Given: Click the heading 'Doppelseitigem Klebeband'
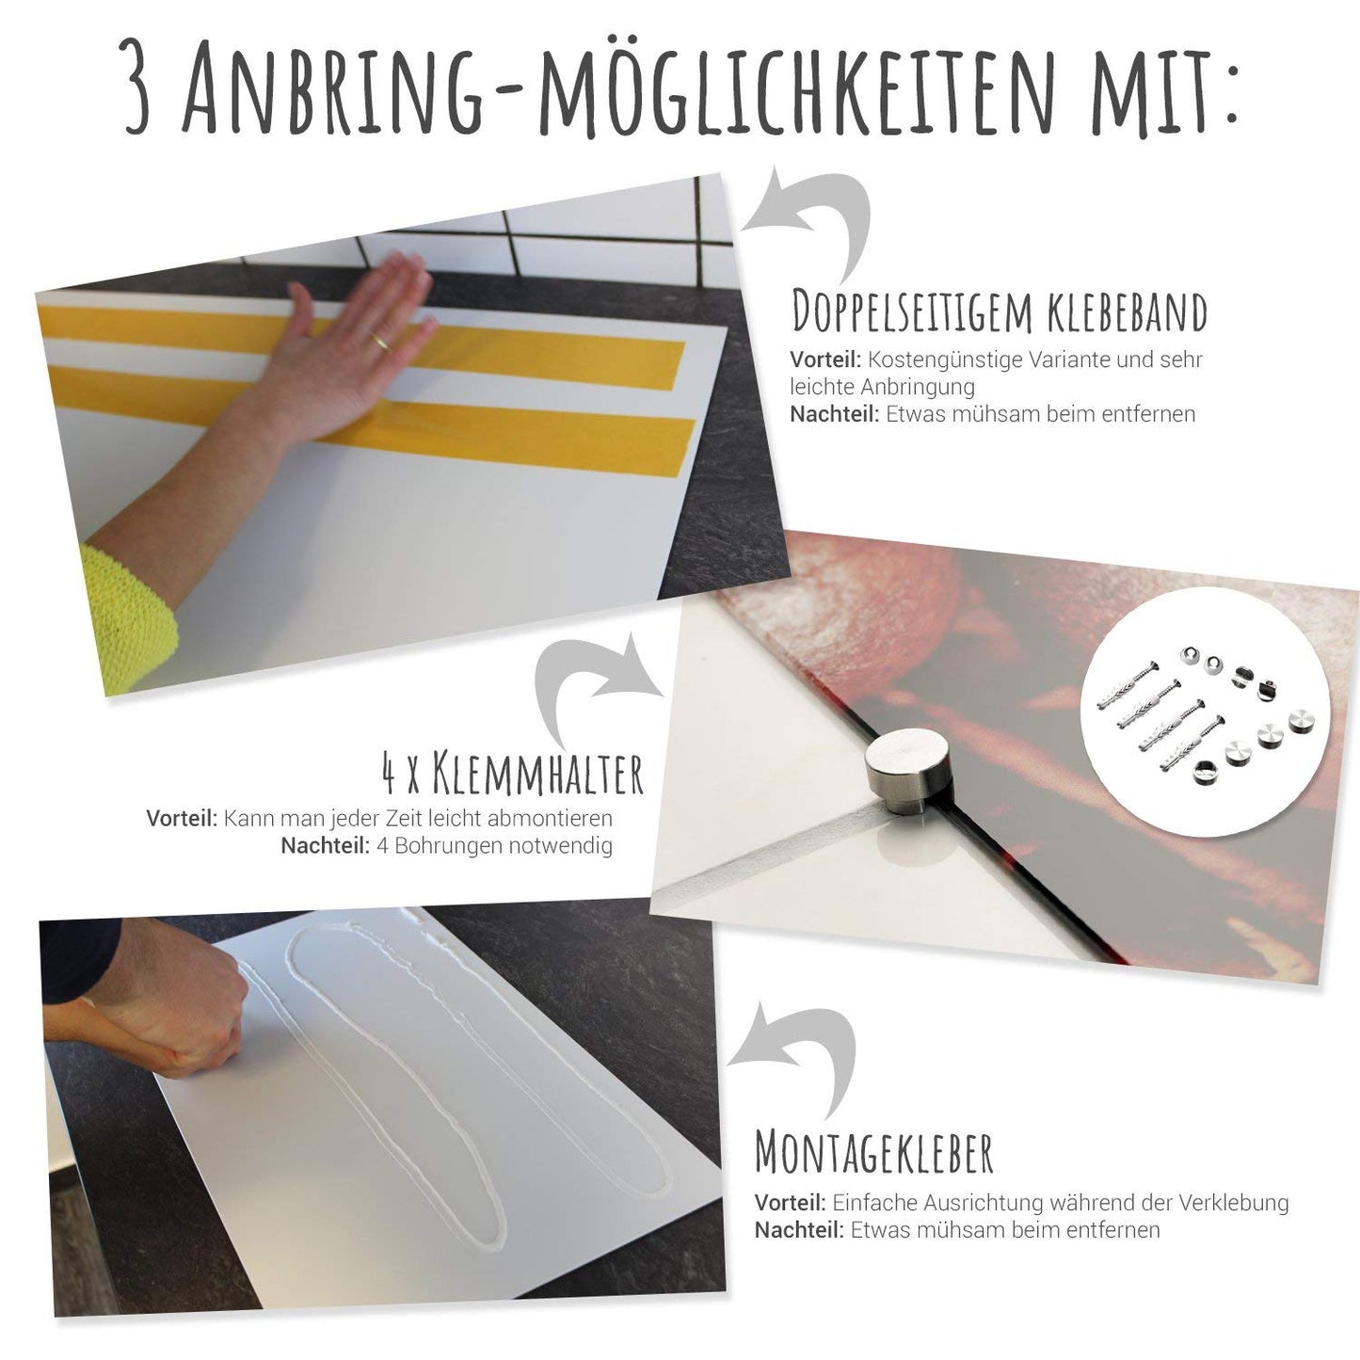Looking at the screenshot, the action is pos(999,310).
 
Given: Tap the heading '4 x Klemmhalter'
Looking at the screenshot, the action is pos(512,773).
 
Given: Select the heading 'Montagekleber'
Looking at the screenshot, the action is pos(873,1153).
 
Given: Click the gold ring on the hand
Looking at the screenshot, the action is pos(380,343).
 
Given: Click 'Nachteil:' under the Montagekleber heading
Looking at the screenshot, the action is pos(799,1230).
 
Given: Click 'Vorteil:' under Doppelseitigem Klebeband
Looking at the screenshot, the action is pos(825,360).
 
